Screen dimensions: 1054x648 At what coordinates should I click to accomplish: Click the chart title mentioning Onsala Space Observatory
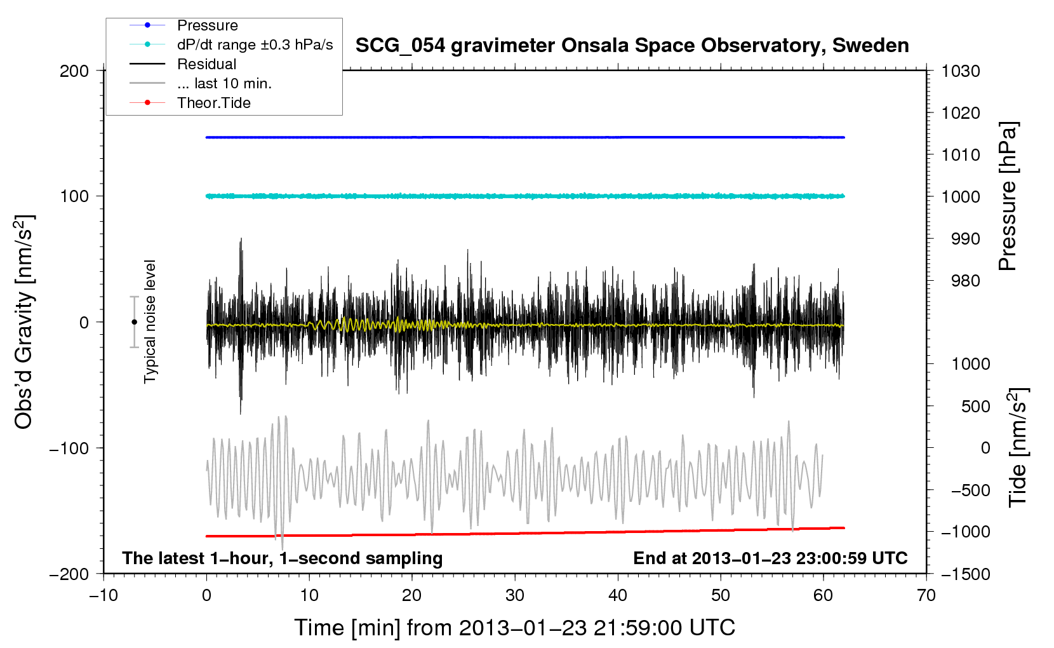coord(632,46)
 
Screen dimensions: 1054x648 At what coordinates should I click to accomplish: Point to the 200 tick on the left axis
coord(74,71)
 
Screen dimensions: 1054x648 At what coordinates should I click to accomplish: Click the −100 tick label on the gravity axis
coord(69,448)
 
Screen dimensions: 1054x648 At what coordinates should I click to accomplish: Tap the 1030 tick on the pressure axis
coord(961,71)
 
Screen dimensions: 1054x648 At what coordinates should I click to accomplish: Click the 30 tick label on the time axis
coord(515,595)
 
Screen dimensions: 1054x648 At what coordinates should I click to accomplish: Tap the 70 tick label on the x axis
coord(926,595)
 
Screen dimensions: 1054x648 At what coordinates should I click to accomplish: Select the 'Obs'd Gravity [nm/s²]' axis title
coord(23,322)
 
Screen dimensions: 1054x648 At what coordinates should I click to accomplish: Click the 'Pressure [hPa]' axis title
coord(1008,196)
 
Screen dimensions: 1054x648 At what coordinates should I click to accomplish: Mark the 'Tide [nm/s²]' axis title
coord(1018,448)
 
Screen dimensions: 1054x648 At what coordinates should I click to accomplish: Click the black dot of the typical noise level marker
coord(134,322)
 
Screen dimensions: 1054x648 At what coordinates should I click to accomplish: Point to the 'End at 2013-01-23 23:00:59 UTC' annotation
coord(770,558)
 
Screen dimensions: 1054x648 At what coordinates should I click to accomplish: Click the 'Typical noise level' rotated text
coord(150,321)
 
